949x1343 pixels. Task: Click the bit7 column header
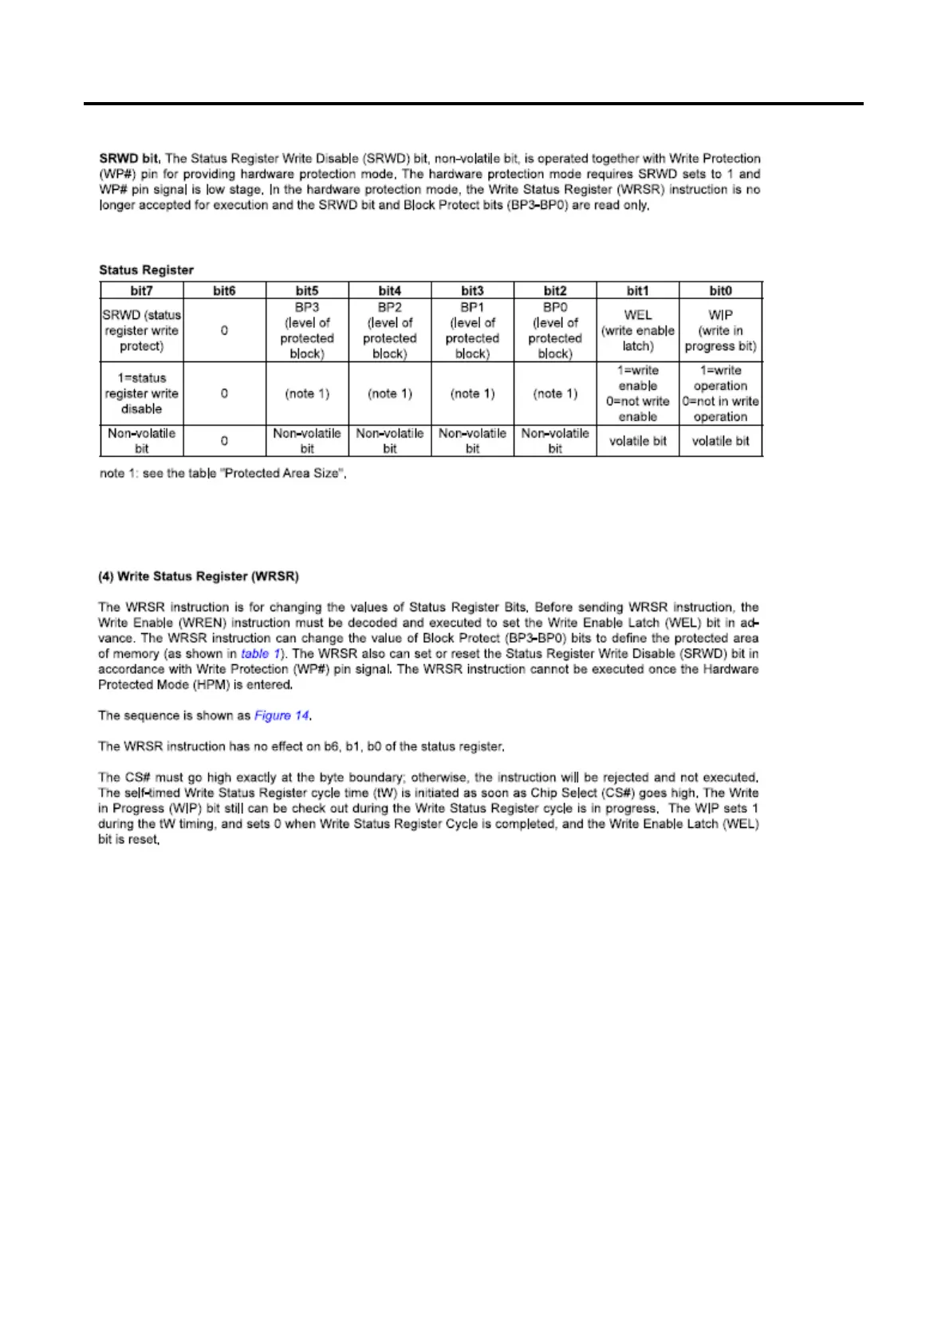tap(141, 291)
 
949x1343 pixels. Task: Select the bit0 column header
tap(720, 291)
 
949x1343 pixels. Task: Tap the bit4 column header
tap(389, 291)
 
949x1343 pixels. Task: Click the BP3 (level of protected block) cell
tap(307, 330)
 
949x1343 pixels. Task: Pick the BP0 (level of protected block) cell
tap(555, 330)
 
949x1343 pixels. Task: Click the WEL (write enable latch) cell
tap(638, 330)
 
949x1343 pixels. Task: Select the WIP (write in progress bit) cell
tap(720, 330)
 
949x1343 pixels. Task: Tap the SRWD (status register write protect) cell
tap(141, 330)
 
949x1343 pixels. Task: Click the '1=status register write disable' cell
tap(141, 393)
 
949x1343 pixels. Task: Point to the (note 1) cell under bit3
tap(472, 393)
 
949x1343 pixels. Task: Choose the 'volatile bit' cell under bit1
tap(638, 441)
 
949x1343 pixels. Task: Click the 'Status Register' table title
tap(146, 270)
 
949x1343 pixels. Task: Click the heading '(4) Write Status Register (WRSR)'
tap(199, 577)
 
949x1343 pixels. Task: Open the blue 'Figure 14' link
tap(282, 715)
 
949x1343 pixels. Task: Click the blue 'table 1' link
tap(260, 654)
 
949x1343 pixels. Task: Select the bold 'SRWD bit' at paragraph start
tap(129, 159)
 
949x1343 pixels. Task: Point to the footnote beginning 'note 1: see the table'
tap(222, 474)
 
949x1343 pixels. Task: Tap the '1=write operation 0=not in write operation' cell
tap(720, 393)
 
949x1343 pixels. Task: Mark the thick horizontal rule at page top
tap(474, 104)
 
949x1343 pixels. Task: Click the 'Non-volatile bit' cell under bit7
tap(141, 441)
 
